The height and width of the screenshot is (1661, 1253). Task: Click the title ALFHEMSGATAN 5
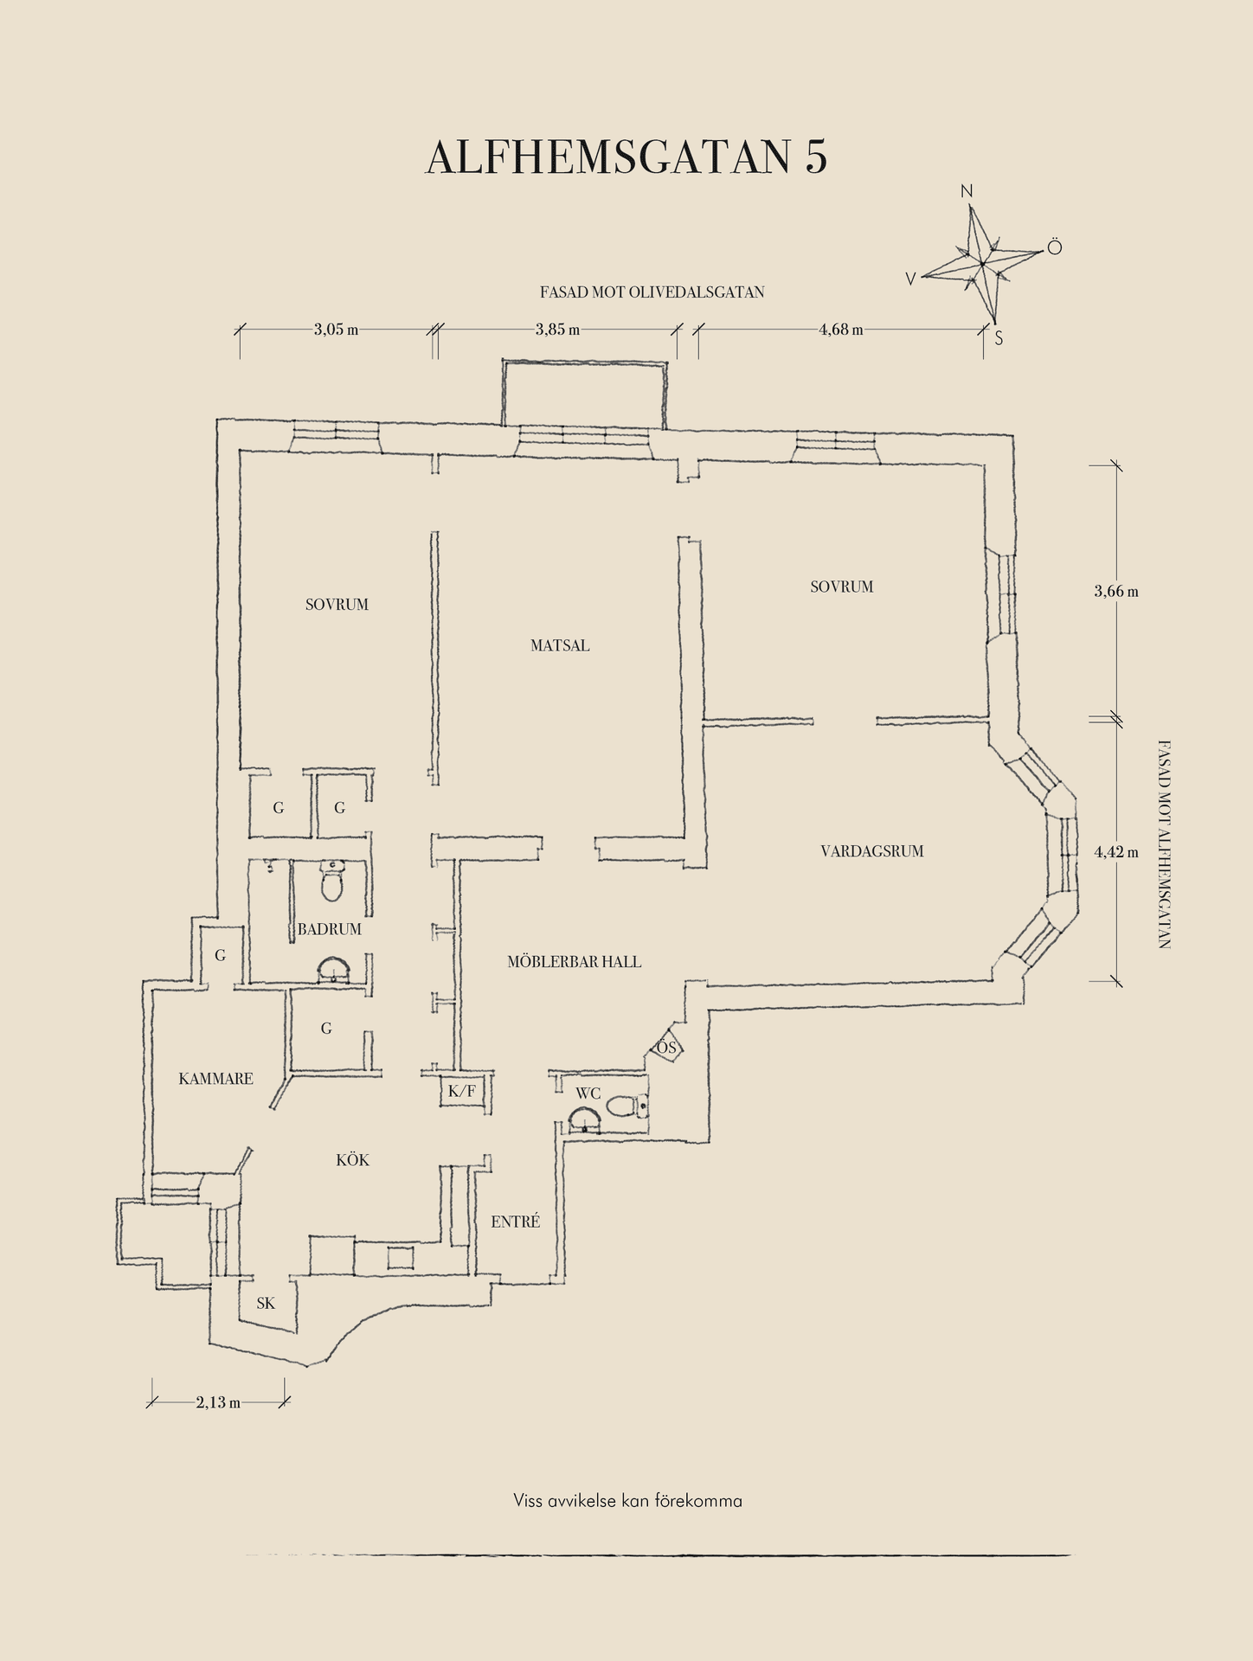(x=626, y=157)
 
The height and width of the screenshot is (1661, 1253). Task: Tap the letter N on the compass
(x=967, y=191)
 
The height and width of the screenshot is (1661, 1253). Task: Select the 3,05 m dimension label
(x=336, y=330)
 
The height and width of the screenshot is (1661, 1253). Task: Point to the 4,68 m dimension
(x=840, y=330)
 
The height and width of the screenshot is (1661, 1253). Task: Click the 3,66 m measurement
(x=1116, y=592)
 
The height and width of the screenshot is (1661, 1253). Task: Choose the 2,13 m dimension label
(x=218, y=1402)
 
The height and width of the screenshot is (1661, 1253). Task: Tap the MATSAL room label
(x=560, y=645)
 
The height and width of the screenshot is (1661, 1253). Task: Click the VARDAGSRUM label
(x=872, y=851)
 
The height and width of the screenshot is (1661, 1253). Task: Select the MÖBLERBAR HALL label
(x=575, y=961)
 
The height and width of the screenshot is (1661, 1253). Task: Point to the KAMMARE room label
(x=216, y=1079)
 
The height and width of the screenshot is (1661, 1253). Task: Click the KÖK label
(x=353, y=1160)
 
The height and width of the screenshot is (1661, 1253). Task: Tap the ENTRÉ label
(x=516, y=1222)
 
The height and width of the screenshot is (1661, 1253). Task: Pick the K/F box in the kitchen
(x=461, y=1092)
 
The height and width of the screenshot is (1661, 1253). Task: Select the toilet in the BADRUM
(x=332, y=881)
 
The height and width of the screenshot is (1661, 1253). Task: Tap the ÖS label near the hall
(x=666, y=1048)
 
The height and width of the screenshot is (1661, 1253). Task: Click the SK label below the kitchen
(x=266, y=1303)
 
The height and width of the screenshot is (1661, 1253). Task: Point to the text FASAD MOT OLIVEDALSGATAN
(x=652, y=292)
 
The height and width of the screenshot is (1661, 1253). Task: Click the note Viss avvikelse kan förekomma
(x=627, y=1501)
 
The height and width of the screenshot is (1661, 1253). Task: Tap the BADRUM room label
(x=330, y=929)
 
